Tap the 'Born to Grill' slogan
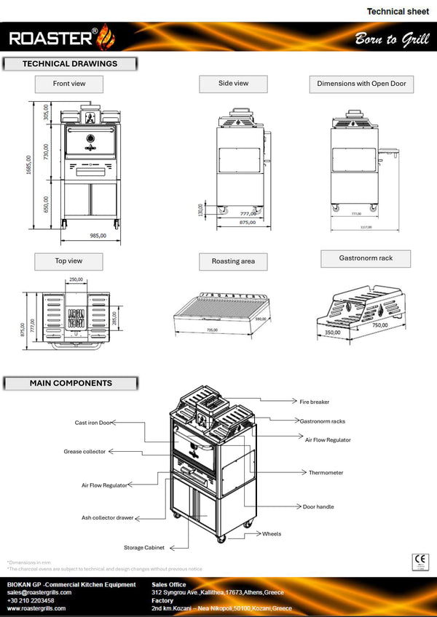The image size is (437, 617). coord(387,39)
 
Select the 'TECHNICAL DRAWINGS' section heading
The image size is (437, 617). coord(70,64)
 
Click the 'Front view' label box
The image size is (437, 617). coord(69,84)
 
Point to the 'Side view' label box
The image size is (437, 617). coord(233,84)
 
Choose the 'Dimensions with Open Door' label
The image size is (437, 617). coord(361,84)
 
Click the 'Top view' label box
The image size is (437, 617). coord(68,260)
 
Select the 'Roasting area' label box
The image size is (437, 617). coord(233,261)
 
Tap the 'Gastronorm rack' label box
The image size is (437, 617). coord(366,258)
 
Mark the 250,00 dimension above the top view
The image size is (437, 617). coord(76,279)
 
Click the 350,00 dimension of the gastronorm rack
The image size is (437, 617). coord(333,332)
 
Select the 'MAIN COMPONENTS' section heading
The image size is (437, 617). coord(71,383)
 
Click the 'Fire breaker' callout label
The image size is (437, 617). coord(315,401)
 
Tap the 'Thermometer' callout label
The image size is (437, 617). coord(326,472)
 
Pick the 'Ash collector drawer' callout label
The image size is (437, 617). coord(107,518)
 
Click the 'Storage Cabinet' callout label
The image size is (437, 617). coord(143,547)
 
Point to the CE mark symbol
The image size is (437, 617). coord(420,561)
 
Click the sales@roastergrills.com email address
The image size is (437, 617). coord(39,593)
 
